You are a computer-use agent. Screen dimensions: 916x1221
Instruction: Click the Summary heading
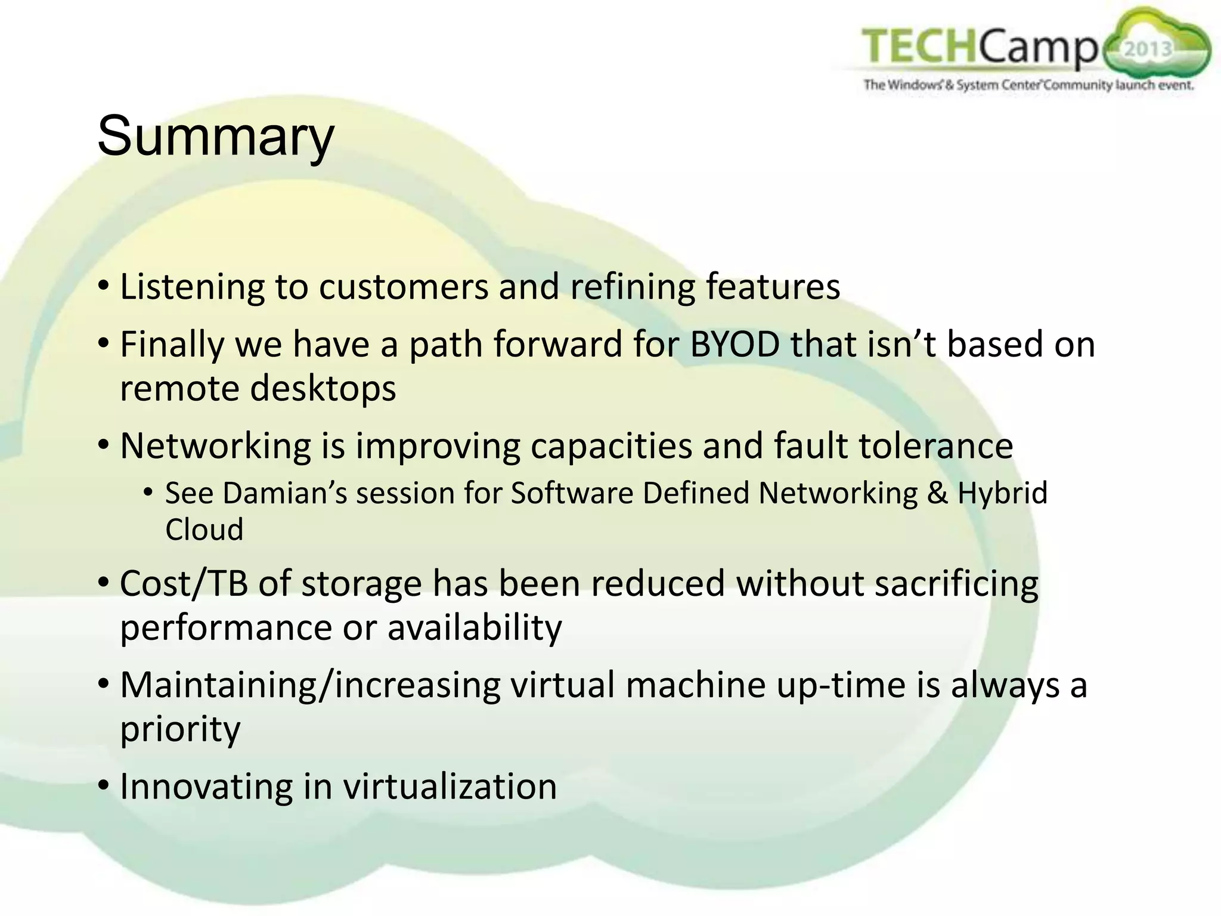[215, 137]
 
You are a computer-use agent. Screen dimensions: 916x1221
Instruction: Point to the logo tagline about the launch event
[1028, 85]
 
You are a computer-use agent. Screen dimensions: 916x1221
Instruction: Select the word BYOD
[735, 345]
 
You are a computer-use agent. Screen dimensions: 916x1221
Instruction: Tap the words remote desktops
[258, 389]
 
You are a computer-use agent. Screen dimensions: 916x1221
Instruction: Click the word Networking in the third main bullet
[215, 446]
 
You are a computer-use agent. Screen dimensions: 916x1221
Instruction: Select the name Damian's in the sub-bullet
[285, 494]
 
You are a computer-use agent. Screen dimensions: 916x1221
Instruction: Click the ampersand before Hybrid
[937, 494]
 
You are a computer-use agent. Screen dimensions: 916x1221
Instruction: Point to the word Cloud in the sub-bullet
[204, 530]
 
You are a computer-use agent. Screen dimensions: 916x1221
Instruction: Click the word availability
[475, 628]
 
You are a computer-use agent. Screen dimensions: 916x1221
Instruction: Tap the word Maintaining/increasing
[310, 685]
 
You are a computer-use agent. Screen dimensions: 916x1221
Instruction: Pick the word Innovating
[207, 787]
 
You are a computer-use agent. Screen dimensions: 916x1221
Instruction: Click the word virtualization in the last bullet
[450, 787]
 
